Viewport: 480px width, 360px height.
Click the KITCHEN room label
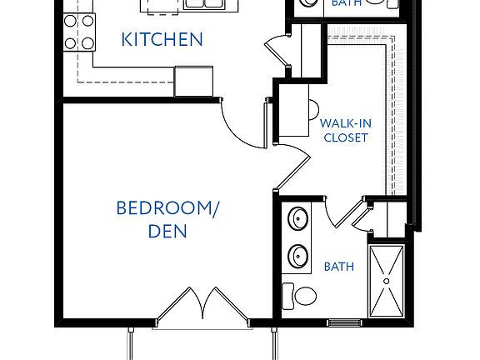click(x=162, y=39)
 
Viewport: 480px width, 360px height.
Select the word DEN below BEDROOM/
click(x=167, y=231)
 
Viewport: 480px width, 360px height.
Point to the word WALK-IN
click(x=346, y=123)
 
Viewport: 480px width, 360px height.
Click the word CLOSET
click(x=346, y=137)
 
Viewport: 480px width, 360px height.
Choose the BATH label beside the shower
click(x=339, y=267)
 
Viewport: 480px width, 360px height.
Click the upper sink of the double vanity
click(x=297, y=220)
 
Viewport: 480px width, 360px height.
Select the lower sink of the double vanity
click(x=297, y=255)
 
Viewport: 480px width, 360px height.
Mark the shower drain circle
click(x=386, y=281)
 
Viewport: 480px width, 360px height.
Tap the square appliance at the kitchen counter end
click(x=195, y=81)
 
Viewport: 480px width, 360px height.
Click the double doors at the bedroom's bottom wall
click(x=202, y=306)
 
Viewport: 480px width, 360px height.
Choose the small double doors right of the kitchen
click(x=277, y=52)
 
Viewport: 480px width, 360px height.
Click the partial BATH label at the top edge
click(x=346, y=3)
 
